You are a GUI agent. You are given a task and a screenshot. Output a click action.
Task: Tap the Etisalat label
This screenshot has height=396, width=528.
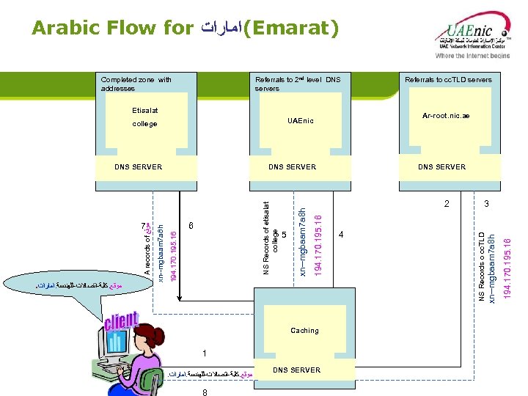pyautogui.click(x=144, y=111)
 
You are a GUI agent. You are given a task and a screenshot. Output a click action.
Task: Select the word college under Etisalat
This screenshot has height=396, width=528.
pyautogui.click(x=144, y=124)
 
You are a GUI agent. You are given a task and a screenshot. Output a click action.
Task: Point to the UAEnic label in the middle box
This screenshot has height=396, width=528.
pyautogui.click(x=300, y=120)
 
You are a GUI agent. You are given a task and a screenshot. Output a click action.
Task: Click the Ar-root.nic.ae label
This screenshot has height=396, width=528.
pyautogui.click(x=446, y=116)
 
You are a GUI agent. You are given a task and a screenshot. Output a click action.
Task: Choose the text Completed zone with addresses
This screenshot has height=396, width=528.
pyautogui.click(x=136, y=84)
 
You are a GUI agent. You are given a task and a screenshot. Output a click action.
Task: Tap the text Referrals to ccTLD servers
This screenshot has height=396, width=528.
pyautogui.click(x=448, y=79)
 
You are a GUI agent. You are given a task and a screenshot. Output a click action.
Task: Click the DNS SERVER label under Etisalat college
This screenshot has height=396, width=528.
pyautogui.click(x=139, y=167)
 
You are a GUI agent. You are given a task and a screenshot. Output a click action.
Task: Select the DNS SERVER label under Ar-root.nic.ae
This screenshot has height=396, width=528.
pyautogui.click(x=441, y=167)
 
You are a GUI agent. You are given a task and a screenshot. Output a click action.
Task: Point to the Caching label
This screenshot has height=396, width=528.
pyautogui.click(x=304, y=331)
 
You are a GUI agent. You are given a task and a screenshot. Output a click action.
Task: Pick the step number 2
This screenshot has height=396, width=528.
pyautogui.click(x=447, y=203)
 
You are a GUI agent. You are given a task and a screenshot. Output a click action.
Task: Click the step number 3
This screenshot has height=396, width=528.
pyautogui.click(x=485, y=203)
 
